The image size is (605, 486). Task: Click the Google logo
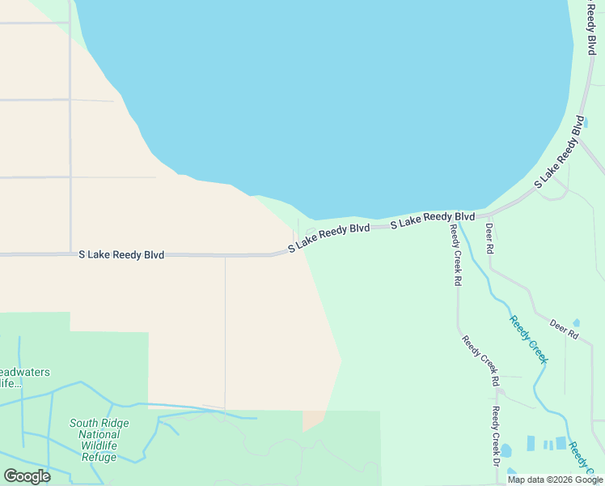click(x=27, y=476)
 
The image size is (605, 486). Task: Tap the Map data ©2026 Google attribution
click(x=554, y=480)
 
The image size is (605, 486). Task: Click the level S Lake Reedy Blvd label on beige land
click(x=121, y=254)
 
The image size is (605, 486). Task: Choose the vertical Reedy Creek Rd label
click(x=457, y=256)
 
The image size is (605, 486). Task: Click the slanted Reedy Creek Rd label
click(x=480, y=360)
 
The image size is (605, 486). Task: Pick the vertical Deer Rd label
click(x=489, y=240)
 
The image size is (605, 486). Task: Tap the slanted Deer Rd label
click(x=565, y=329)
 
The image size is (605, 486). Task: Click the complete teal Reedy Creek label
click(x=528, y=339)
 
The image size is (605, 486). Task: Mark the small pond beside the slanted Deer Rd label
click(x=576, y=322)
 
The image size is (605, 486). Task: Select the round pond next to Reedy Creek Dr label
click(x=506, y=450)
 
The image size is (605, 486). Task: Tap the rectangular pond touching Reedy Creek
click(x=561, y=443)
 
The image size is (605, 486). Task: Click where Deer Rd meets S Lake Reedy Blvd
click(x=489, y=215)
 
